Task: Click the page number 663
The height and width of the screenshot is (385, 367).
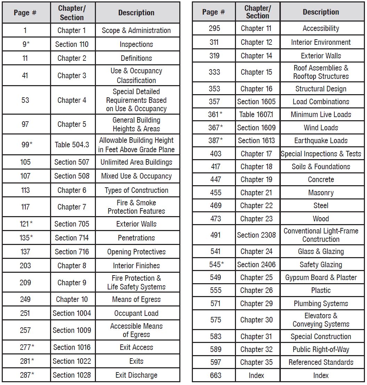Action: pos(215,375)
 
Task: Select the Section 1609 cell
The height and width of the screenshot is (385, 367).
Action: pos(256,128)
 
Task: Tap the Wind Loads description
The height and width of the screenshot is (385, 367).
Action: pos(321,128)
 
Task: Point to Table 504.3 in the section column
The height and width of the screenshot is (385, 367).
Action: pos(72,145)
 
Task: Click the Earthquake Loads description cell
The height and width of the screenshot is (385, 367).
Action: pos(321,141)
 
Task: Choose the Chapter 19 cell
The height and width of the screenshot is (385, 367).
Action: pos(256,180)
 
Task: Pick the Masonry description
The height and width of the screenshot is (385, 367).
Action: pos(321,192)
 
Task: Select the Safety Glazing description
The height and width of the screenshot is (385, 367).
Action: pos(321,264)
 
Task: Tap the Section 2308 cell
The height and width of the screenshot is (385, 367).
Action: pos(256,235)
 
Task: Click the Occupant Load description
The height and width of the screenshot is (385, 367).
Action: pos(136,313)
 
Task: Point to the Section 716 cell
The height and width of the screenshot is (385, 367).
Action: pos(72,252)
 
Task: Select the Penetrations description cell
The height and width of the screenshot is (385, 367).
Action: pos(136,238)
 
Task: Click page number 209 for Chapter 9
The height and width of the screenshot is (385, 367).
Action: pos(25,282)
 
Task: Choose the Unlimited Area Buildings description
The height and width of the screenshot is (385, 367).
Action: pos(136,162)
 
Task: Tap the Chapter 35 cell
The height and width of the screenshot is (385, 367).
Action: pos(256,362)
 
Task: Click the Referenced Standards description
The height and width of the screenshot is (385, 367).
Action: pos(321,362)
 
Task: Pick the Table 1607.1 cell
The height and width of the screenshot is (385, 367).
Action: pos(256,114)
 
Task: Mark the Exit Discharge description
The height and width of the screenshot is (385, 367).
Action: pos(136,375)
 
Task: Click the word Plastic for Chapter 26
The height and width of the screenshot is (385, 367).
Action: pos(321,290)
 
